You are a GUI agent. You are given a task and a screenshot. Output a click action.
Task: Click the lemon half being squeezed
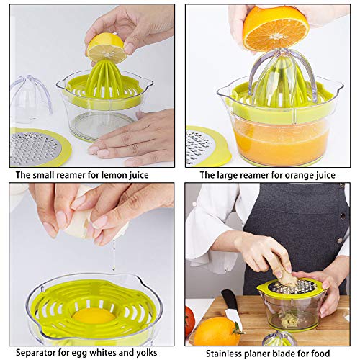click(106, 49)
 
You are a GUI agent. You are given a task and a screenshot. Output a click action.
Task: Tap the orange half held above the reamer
click(276, 29)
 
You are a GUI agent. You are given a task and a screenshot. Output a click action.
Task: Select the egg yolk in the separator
click(94, 316)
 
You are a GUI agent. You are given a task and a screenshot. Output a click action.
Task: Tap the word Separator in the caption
click(36, 353)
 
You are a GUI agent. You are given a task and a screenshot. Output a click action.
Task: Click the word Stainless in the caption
click(224, 354)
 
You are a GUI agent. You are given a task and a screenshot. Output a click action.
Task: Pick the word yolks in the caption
click(146, 353)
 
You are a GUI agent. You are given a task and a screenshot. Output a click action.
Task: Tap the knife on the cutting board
click(231, 307)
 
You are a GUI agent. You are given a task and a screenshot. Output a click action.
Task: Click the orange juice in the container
click(282, 142)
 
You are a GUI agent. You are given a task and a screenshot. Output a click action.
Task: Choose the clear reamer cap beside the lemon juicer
click(30, 99)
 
